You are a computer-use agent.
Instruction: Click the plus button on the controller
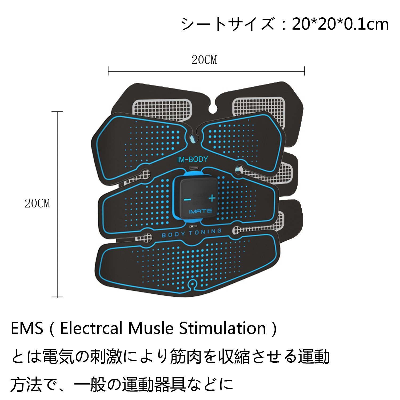pyautogui.click(x=212, y=198)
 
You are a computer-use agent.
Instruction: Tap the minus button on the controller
pyautogui.click(x=187, y=199)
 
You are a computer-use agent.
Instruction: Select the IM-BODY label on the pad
pyautogui.click(x=192, y=159)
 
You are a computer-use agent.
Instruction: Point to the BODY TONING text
pyautogui.click(x=191, y=233)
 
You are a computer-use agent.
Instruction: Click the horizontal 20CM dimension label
pyautogui.click(x=204, y=60)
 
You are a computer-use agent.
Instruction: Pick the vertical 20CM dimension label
pyautogui.click(x=37, y=203)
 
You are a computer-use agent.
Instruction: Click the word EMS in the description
pyautogui.click(x=27, y=328)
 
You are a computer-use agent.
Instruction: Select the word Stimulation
pyautogui.click(x=223, y=328)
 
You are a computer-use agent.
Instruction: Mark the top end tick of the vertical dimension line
pyautogui.click(x=57, y=112)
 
